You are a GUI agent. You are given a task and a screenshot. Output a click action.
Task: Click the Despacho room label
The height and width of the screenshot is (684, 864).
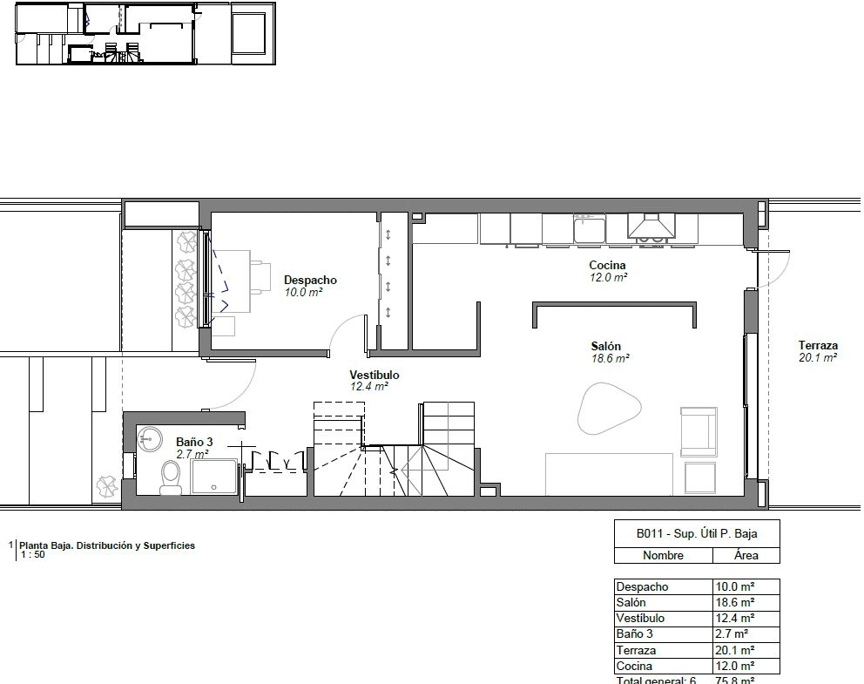(310, 280)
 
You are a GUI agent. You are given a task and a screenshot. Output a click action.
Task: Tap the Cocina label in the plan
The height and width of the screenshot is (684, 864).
(607, 265)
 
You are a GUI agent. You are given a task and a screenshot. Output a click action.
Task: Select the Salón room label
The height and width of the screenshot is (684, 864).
(605, 346)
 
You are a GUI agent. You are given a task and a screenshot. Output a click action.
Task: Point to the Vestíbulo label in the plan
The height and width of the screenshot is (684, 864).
(375, 375)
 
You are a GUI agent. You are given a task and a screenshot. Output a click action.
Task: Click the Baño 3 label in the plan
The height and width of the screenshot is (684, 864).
(194, 442)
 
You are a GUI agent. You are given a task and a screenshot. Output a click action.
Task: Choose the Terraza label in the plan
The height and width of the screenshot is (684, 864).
(818, 346)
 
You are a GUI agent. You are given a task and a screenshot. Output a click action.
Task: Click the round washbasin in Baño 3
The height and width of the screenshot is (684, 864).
(149, 439)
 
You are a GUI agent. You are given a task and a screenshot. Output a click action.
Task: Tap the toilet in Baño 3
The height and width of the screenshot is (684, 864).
(171, 477)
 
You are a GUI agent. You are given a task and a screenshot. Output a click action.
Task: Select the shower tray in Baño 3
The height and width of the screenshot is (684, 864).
(213, 477)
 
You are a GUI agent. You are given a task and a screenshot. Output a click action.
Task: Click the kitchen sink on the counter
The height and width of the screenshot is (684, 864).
(589, 228)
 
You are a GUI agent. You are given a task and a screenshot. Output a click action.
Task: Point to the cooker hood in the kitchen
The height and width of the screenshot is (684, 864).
(651, 226)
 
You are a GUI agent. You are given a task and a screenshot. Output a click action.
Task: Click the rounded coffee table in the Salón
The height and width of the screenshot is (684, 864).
(609, 408)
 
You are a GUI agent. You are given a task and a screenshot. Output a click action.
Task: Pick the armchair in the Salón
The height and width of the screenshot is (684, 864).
(699, 431)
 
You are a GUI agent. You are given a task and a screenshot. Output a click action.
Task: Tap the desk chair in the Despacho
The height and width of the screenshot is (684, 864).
(260, 276)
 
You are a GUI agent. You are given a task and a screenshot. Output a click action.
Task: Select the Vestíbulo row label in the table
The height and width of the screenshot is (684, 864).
(640, 618)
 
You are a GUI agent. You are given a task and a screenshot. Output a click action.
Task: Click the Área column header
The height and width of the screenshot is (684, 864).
(746, 555)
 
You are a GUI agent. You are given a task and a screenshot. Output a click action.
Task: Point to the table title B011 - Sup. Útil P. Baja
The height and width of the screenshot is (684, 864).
(697, 533)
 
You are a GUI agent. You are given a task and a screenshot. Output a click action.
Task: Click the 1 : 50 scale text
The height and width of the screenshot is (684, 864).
(33, 554)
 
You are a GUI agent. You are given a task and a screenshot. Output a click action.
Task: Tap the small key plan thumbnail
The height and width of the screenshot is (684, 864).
(145, 34)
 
